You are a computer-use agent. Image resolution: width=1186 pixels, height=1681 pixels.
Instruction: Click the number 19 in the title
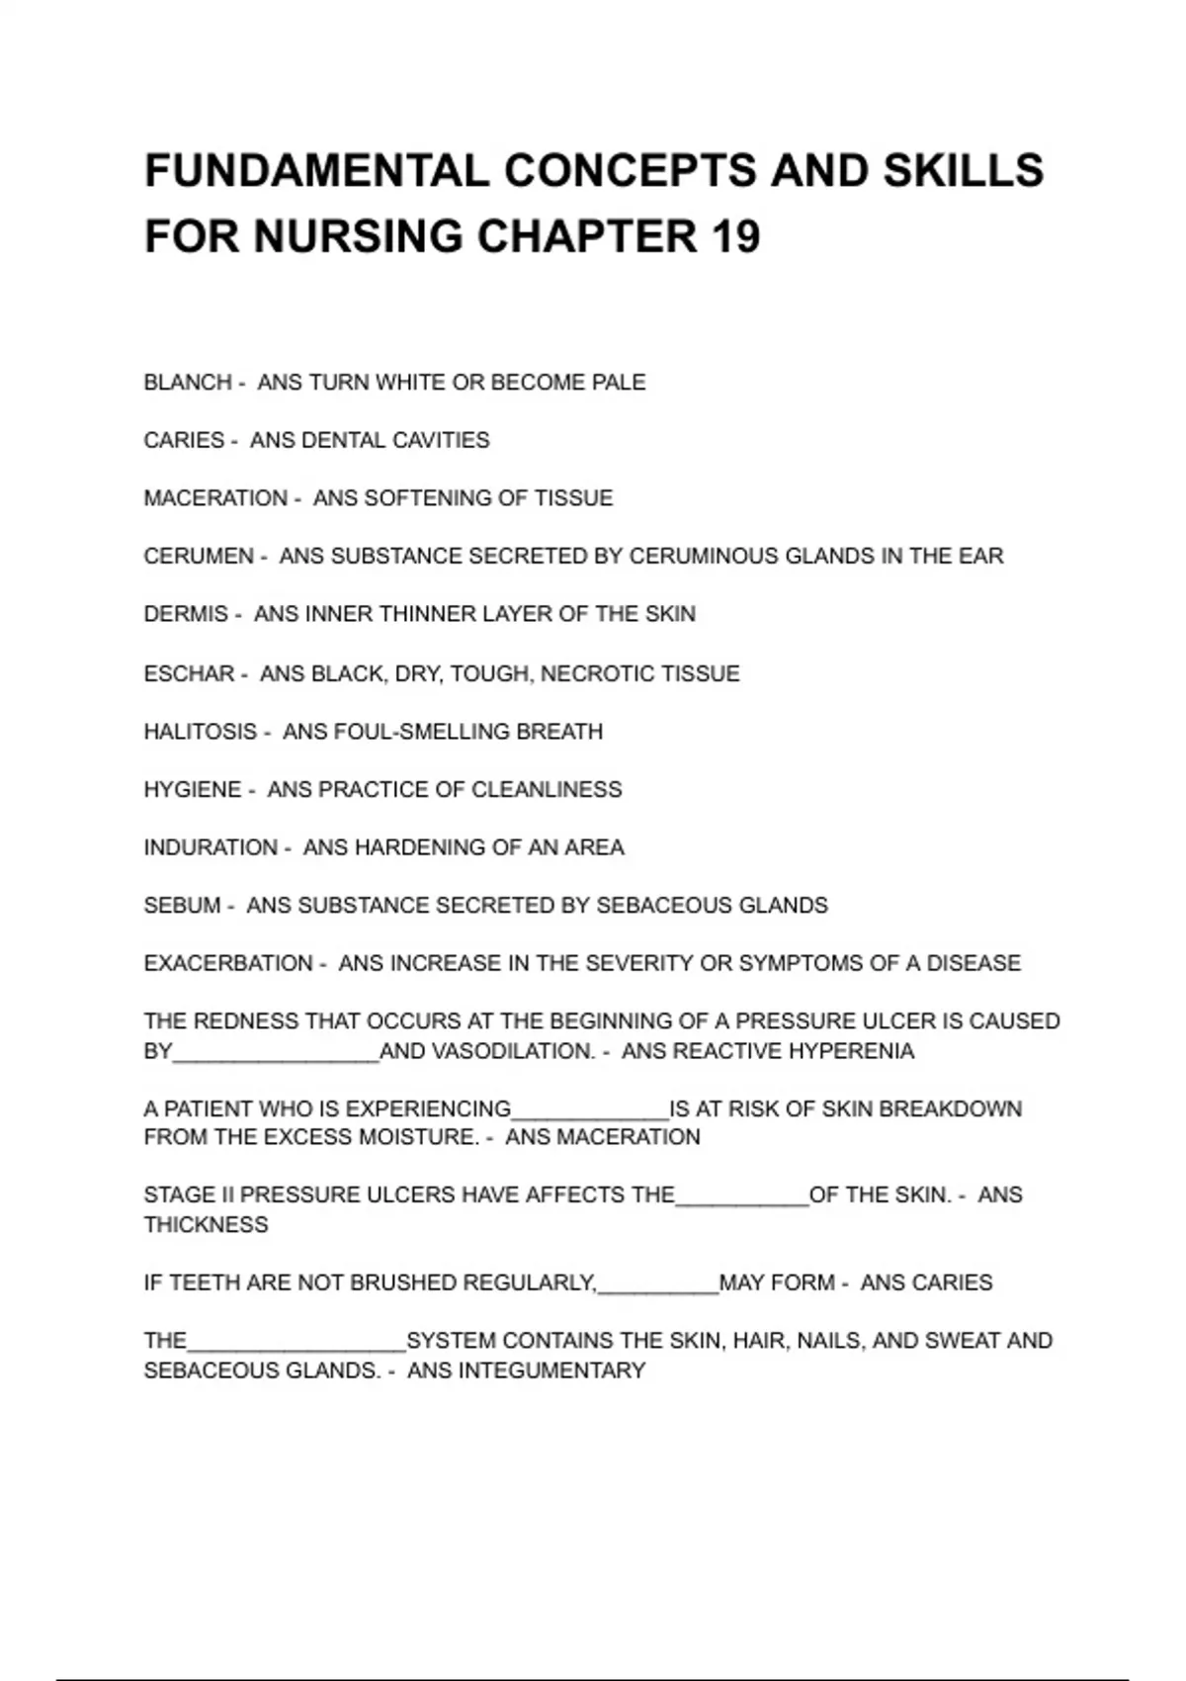coord(734,236)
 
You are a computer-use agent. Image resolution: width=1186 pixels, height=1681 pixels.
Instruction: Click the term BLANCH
coord(188,383)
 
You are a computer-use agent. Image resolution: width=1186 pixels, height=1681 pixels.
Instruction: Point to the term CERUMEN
coord(199,557)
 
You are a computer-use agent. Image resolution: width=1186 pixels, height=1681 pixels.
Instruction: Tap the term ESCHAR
coord(189,674)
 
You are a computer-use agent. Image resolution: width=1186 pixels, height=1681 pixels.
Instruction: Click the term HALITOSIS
coord(201,732)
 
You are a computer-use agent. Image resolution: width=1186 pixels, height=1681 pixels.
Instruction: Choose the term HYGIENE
coord(193,790)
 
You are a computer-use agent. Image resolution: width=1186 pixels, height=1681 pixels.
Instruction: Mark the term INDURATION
coord(211,848)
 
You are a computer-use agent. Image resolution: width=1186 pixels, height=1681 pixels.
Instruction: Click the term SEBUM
coord(182,906)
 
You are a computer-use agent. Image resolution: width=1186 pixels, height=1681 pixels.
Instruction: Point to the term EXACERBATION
coord(228,963)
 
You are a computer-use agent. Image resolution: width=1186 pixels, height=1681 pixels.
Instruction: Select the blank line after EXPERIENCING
coord(590,1114)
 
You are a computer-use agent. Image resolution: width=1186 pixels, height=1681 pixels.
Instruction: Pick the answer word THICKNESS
coord(206,1225)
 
